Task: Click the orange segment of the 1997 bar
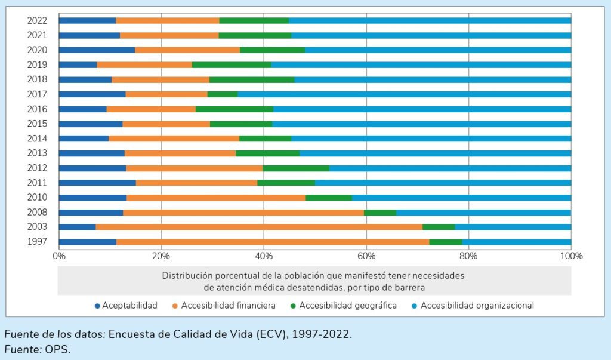(x=273, y=242)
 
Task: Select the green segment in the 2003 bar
(x=439, y=227)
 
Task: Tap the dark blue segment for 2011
(x=97, y=183)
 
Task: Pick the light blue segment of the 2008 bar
(x=483, y=212)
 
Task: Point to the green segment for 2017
(x=223, y=94)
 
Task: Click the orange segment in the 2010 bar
(x=216, y=198)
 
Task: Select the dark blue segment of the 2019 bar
(x=78, y=64)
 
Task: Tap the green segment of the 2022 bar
(x=254, y=20)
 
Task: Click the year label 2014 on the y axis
(x=37, y=139)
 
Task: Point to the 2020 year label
(x=37, y=50)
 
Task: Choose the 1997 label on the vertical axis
(x=37, y=242)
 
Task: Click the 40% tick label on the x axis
(x=264, y=256)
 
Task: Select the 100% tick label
(x=570, y=256)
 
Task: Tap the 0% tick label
(x=58, y=256)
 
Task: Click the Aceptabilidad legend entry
(x=129, y=306)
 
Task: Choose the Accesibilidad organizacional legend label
(x=477, y=306)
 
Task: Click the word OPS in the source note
(x=57, y=349)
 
